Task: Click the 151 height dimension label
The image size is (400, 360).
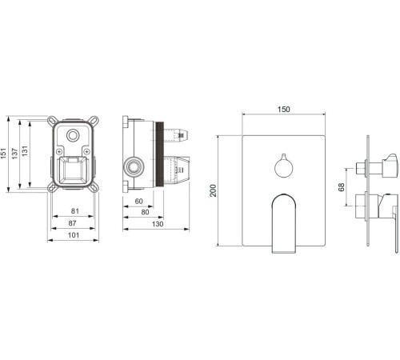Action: pos(3,154)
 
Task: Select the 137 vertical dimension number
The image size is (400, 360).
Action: pos(14,154)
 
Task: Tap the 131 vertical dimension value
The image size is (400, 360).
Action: pos(25,151)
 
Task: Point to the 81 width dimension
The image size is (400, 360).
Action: pos(75,211)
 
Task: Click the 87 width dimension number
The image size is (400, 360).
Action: pos(72,223)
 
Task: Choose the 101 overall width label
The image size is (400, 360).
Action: pos(74,235)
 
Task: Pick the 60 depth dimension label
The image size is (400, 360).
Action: pos(138,201)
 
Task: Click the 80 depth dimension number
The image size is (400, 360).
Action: pos(145,212)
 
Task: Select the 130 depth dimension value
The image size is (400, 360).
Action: pos(158,224)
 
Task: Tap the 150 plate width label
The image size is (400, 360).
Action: pos(284,110)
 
